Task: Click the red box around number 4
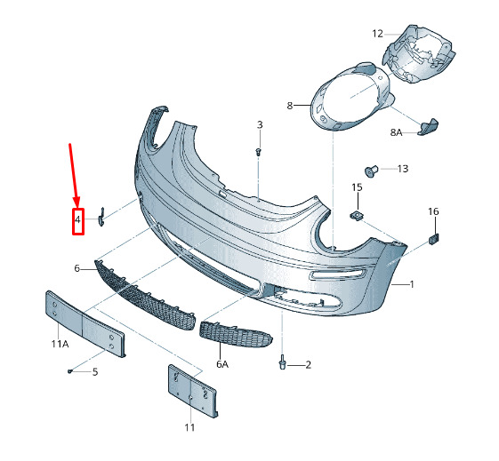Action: point(78,221)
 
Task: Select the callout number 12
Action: point(378,34)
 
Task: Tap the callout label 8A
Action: point(396,132)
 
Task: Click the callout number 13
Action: point(403,169)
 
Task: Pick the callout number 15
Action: point(357,187)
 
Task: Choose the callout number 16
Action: point(433,211)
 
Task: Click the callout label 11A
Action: point(60,344)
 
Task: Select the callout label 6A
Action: point(222,364)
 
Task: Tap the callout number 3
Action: point(260,125)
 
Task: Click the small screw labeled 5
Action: point(70,370)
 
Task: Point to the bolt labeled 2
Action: point(282,363)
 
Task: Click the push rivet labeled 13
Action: point(371,171)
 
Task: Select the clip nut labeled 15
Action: point(358,216)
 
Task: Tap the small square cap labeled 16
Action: point(434,238)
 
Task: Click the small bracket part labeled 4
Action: point(101,218)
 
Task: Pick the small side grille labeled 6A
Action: point(236,334)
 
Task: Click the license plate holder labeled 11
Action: point(192,391)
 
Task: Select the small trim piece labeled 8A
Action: point(428,127)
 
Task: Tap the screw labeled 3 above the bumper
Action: point(259,151)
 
